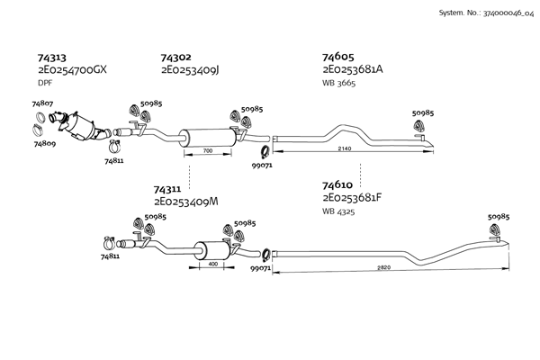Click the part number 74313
click(x=52, y=57)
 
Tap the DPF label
click(x=45, y=82)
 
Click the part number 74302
click(x=175, y=57)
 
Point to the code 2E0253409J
click(x=191, y=68)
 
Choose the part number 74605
click(x=338, y=57)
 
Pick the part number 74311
click(x=168, y=189)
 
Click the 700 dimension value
click(x=208, y=151)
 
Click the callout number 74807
click(x=43, y=104)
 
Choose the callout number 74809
click(x=46, y=142)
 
